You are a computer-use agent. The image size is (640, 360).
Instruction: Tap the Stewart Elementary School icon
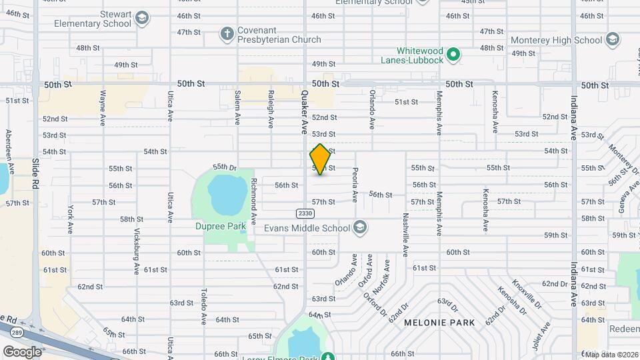point(141,19)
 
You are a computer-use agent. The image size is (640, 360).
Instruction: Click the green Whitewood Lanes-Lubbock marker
point(453,54)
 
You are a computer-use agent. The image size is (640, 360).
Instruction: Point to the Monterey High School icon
point(614,40)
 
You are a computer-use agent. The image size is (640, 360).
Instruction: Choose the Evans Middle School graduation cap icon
point(360,228)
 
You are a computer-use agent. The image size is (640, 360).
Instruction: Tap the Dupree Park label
point(221,226)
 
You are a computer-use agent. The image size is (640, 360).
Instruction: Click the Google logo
point(22,351)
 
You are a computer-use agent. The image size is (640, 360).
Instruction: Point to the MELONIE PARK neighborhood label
point(439,323)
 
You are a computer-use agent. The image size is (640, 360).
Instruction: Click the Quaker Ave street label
point(305,111)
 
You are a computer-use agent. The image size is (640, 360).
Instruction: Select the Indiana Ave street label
point(573,117)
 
